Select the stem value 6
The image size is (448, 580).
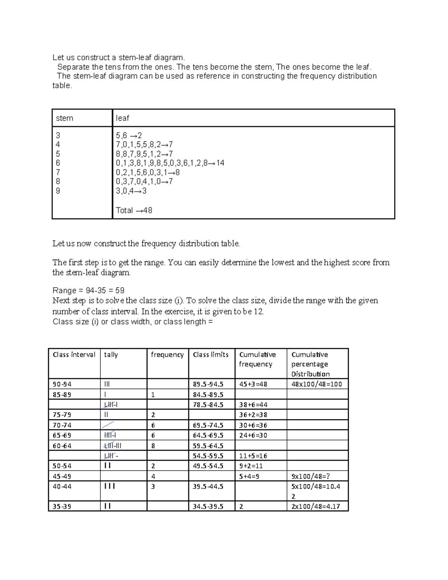tap(58, 163)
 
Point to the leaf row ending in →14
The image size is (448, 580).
tap(170, 163)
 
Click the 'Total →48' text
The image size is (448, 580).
tap(134, 210)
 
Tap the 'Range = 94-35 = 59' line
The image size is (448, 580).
tap(88, 291)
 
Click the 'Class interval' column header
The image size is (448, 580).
tap(74, 355)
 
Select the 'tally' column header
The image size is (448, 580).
tap(111, 355)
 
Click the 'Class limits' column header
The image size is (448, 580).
tap(211, 355)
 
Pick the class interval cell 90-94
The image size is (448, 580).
tap(62, 384)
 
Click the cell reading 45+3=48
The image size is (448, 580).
tap(253, 384)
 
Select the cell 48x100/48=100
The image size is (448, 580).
tap(317, 384)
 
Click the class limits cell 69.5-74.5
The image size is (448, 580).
tap(208, 425)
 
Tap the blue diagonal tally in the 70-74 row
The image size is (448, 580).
tap(108, 425)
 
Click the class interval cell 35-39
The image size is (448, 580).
tap(62, 507)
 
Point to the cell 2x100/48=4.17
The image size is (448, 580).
tap(315, 507)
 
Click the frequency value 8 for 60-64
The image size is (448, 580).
tap(153, 446)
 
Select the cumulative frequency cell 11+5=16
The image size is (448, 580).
tap(253, 456)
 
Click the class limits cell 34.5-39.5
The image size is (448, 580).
tap(208, 507)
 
